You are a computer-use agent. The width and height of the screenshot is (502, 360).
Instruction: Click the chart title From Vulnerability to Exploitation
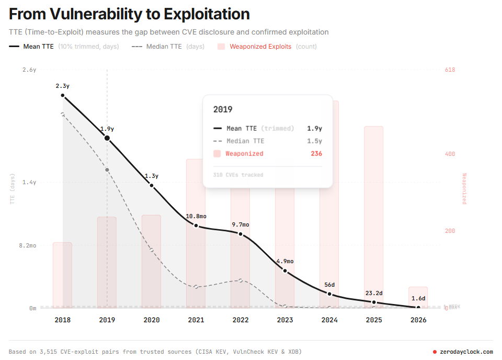point(129,14)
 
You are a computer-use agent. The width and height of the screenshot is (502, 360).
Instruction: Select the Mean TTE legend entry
point(38,47)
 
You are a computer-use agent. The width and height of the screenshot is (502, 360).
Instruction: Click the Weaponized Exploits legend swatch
point(221,47)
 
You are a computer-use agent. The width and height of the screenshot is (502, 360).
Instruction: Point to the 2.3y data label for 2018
point(63,86)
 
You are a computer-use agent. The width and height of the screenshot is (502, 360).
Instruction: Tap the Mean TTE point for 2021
point(196,226)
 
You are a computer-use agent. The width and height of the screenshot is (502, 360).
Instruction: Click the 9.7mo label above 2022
point(241,224)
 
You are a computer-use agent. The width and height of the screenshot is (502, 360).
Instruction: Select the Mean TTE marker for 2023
point(285,271)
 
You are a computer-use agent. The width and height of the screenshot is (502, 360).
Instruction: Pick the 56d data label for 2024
point(329,285)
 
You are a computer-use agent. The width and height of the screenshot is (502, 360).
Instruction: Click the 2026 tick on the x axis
point(418,320)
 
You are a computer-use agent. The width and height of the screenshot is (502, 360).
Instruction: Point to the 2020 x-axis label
point(152,320)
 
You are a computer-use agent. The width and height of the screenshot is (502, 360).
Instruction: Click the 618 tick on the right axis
point(450,70)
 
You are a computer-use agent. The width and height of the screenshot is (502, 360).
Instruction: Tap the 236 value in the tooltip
point(316,154)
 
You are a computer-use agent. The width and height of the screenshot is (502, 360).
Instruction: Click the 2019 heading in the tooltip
point(223,109)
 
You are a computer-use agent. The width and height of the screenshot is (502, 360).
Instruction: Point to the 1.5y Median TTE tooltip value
point(315,141)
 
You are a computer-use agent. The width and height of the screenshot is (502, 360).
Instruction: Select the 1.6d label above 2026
point(418,298)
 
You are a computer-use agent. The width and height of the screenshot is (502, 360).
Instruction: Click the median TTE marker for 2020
point(152,250)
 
